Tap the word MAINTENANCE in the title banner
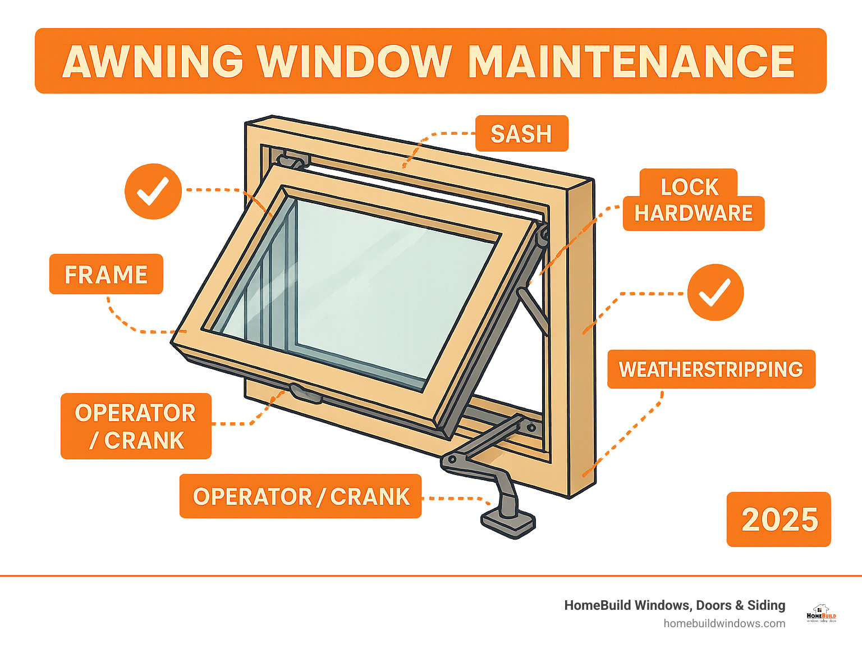coord(631,61)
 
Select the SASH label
coord(521,134)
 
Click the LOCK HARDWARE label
coord(693,200)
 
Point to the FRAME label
coord(106,275)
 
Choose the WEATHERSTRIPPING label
coord(711,369)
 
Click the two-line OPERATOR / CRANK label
coord(136,426)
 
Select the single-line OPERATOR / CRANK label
coord(301,496)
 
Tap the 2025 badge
coord(779,519)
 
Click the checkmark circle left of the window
coord(153,191)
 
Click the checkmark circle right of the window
coord(716,293)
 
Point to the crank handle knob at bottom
coord(508,522)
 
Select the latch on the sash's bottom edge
coord(306,393)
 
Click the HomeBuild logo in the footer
coord(821,614)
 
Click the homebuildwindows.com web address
coord(724,623)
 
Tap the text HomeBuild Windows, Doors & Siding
coord(675,605)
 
